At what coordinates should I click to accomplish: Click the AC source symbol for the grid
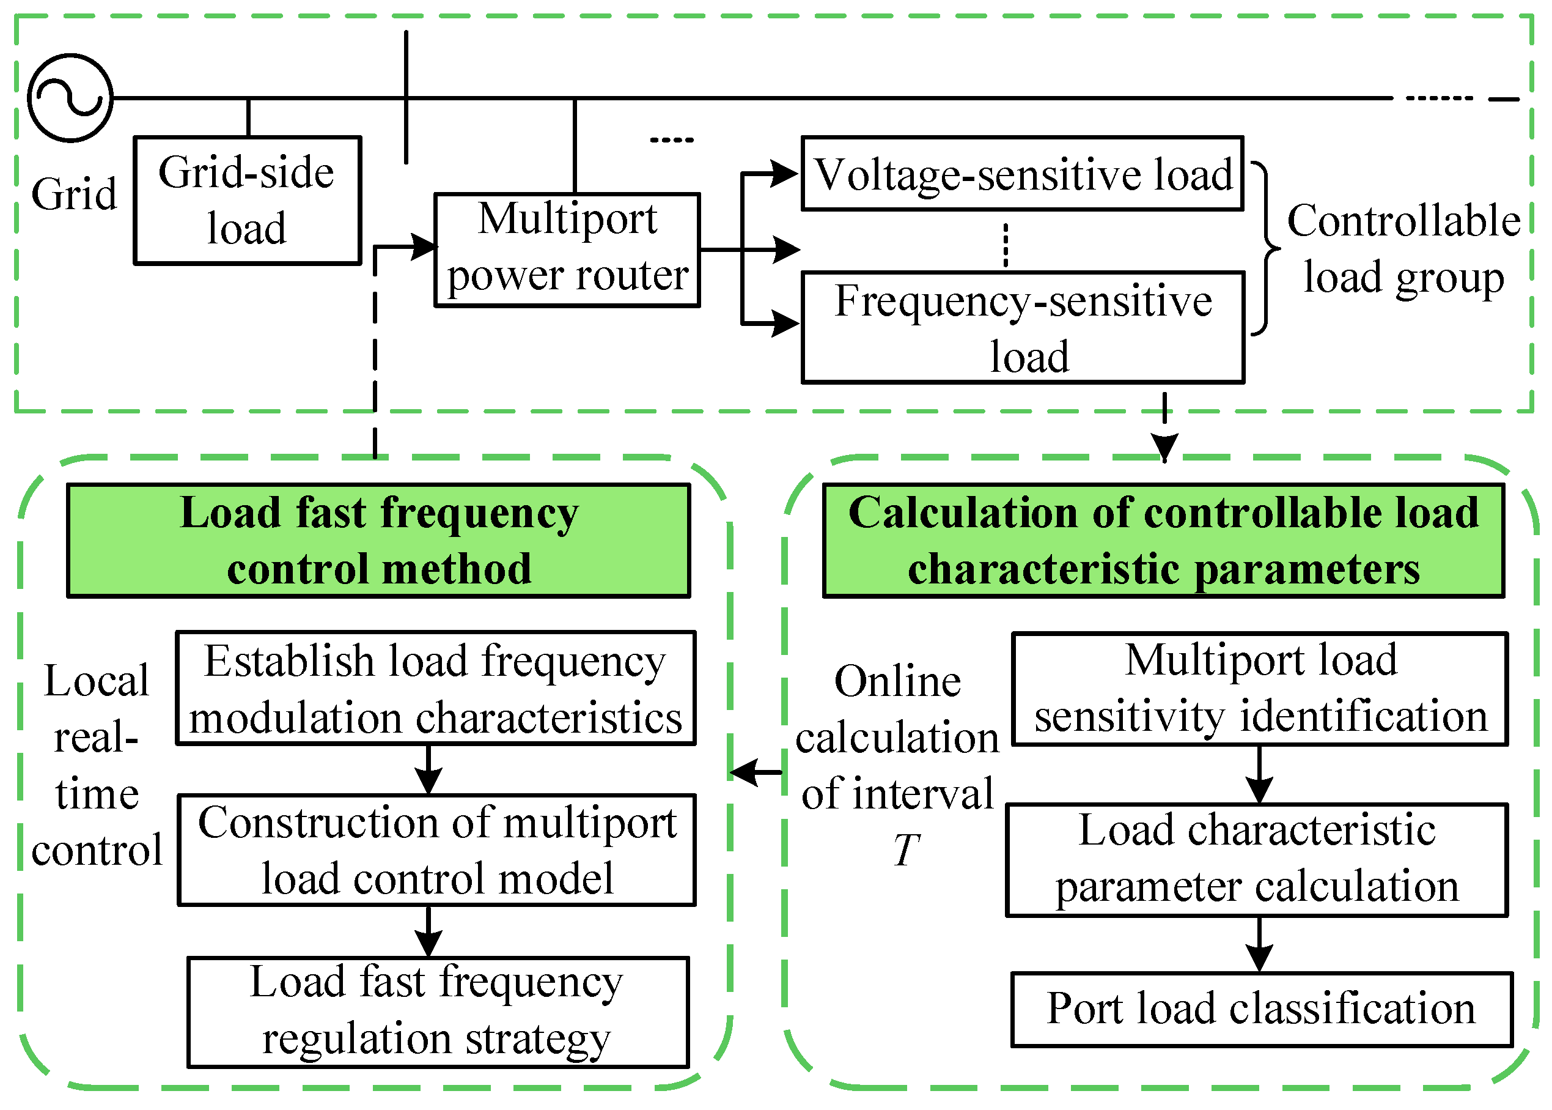(70, 98)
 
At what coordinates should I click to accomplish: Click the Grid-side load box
(248, 199)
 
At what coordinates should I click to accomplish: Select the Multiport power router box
(567, 250)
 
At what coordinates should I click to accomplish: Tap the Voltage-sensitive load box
(1023, 174)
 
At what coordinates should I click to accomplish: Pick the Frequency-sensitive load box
(1023, 327)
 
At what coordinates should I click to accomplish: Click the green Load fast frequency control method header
(378, 540)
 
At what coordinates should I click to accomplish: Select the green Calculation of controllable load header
(1163, 540)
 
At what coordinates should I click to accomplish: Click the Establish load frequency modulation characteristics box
(436, 688)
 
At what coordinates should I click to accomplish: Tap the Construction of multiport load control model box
(436, 849)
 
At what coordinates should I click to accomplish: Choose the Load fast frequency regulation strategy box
(438, 1012)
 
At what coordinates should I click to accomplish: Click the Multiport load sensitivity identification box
(1260, 688)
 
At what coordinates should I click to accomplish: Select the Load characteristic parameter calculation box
(1256, 859)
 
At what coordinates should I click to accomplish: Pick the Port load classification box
(1262, 1009)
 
